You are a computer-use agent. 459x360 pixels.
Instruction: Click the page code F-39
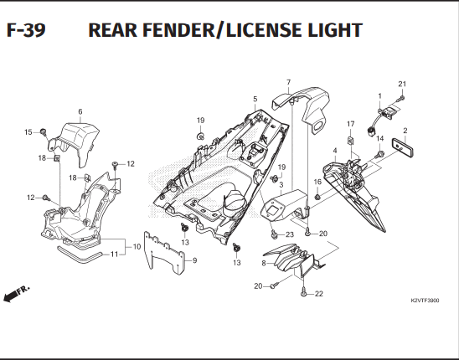pyautogui.click(x=26, y=30)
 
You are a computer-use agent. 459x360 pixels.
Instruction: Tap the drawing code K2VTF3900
pyautogui.click(x=425, y=301)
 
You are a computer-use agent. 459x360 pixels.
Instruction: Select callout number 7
pyautogui.click(x=289, y=82)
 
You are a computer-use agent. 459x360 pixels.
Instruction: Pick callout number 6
pyautogui.click(x=80, y=111)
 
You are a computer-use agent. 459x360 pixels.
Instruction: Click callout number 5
pyautogui.click(x=255, y=99)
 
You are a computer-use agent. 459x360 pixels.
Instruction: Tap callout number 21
pyautogui.click(x=402, y=84)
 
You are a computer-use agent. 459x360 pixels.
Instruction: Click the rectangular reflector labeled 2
pyautogui.click(x=403, y=149)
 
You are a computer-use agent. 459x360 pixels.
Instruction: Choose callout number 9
pyautogui.click(x=195, y=260)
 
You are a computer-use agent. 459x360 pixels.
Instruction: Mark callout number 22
pyautogui.click(x=319, y=294)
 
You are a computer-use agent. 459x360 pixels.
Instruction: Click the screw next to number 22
pyautogui.click(x=303, y=292)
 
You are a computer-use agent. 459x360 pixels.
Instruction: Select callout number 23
pyautogui.click(x=289, y=234)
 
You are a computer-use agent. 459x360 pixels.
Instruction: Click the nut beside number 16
pyautogui.click(x=317, y=197)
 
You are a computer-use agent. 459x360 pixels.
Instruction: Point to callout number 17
pyautogui.click(x=350, y=124)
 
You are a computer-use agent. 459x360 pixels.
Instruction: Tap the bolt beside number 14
pyautogui.click(x=379, y=154)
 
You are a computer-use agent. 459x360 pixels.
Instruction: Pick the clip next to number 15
pyautogui.click(x=44, y=131)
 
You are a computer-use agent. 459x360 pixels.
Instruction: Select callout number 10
pyautogui.click(x=137, y=247)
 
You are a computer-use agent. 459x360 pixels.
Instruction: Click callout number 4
pyautogui.click(x=335, y=151)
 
